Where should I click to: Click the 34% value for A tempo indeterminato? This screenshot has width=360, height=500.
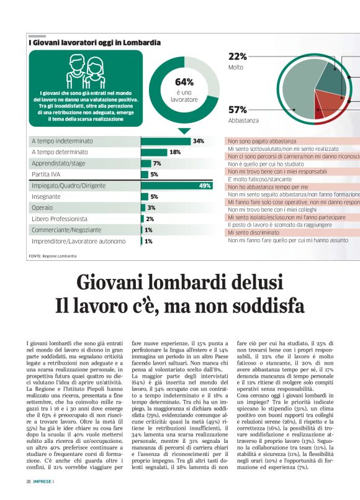tap(199, 141)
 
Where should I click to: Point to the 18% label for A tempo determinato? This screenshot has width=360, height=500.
tap(175, 152)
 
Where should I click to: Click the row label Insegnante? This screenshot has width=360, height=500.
tap(47, 196)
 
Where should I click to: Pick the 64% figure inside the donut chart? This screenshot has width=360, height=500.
tap(184, 82)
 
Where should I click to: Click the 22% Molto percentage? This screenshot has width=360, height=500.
tap(238, 57)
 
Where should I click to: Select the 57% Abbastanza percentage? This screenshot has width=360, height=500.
tap(238, 110)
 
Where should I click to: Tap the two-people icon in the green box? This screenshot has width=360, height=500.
tap(85, 70)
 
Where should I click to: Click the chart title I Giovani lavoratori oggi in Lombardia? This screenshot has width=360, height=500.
tap(94, 43)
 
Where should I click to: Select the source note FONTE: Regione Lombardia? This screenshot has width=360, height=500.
tap(53, 256)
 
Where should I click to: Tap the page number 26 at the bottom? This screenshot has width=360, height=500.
tap(29, 481)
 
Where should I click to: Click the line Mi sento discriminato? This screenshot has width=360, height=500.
tap(254, 232)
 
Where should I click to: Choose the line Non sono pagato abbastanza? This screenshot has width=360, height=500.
tap(262, 141)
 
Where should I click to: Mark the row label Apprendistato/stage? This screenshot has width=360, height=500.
tap(60, 163)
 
